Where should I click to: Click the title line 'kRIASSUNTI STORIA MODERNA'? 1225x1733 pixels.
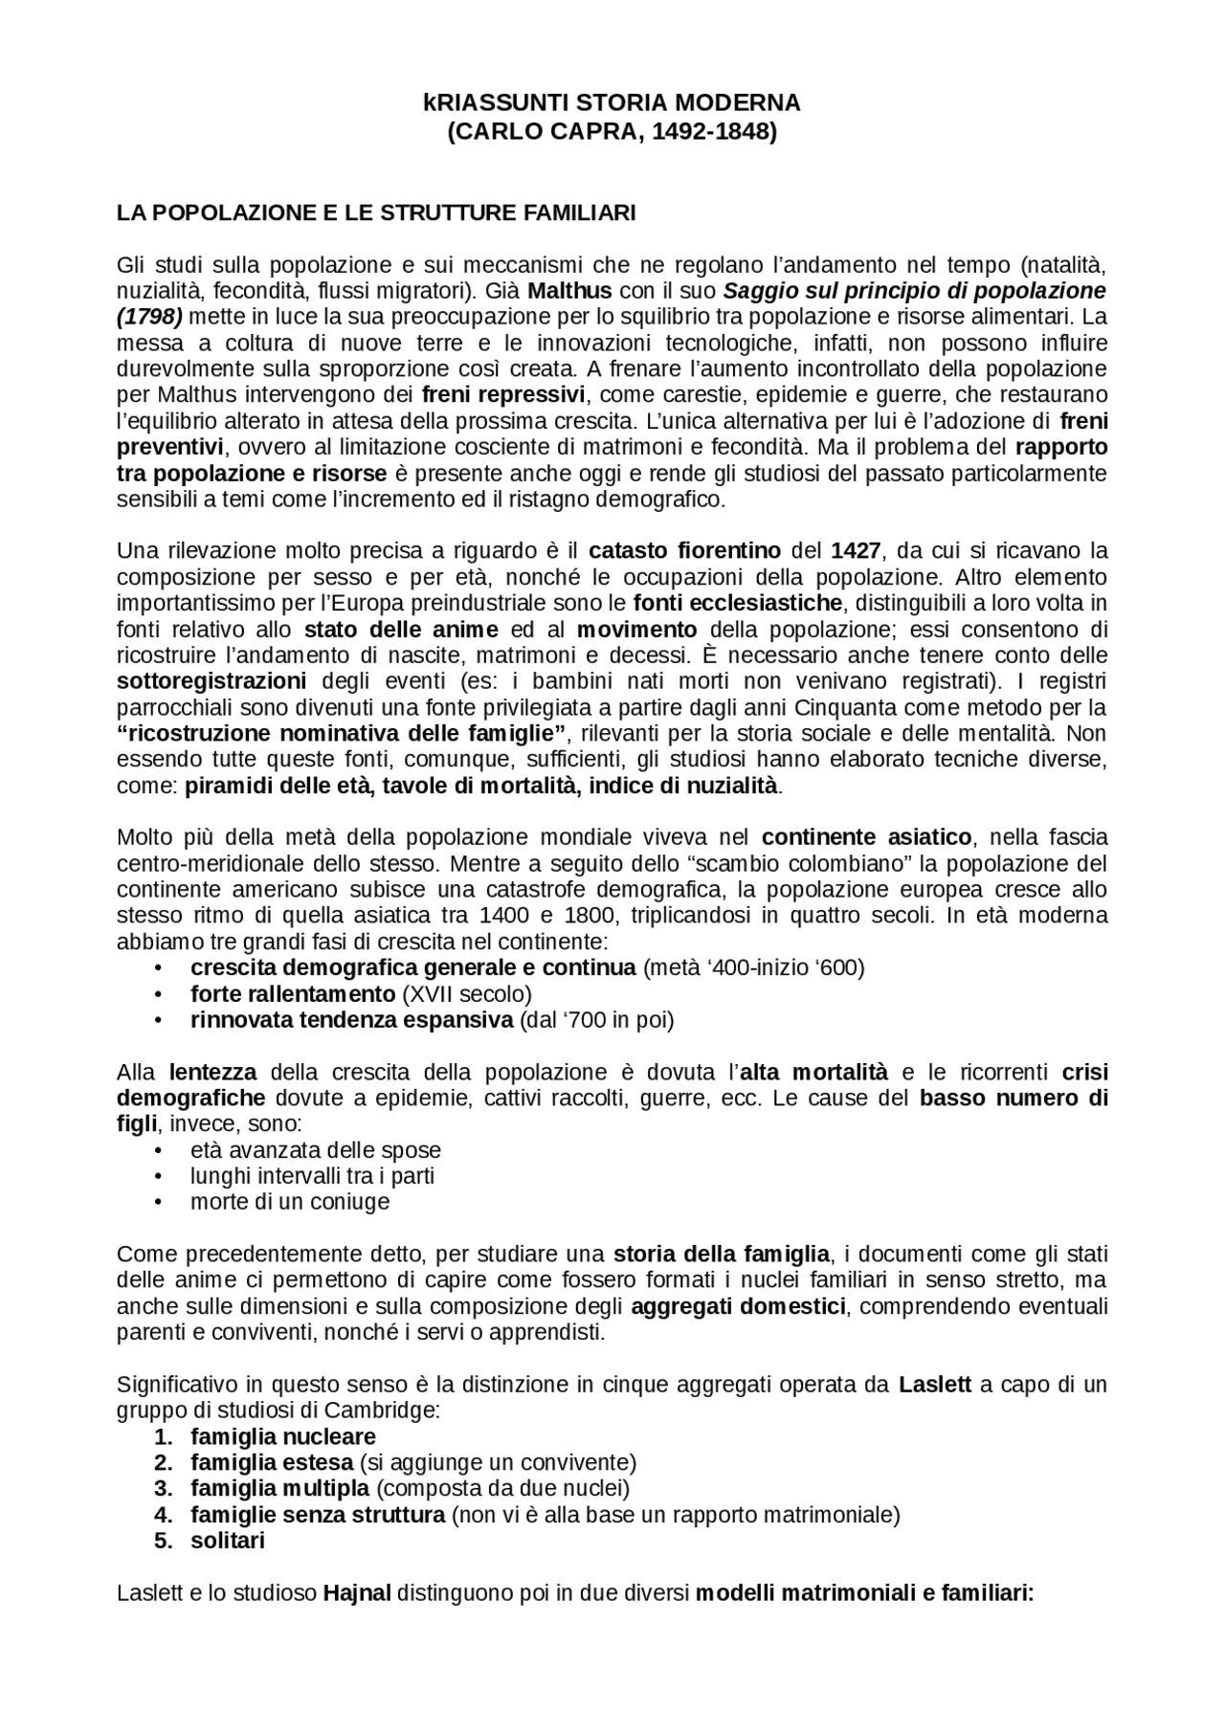(x=612, y=102)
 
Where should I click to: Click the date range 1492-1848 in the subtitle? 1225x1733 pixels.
(x=713, y=132)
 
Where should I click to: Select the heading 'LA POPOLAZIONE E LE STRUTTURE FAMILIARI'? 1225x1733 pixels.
(x=375, y=212)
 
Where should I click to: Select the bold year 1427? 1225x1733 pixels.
(x=856, y=551)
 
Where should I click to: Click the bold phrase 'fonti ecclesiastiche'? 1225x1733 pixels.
(x=738, y=603)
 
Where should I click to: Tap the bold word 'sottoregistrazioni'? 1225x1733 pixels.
(x=212, y=681)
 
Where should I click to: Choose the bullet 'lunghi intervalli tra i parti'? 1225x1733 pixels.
(x=312, y=1176)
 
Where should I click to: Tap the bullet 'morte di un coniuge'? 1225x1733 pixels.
(x=289, y=1202)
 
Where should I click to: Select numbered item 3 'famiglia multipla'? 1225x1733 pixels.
(x=279, y=1488)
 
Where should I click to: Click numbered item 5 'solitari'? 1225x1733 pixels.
(x=227, y=1541)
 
